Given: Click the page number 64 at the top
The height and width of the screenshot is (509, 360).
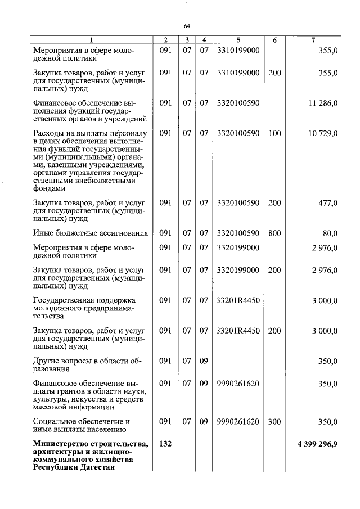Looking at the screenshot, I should click(x=187, y=25).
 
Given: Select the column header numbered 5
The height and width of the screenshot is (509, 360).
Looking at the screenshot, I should click(x=238, y=40).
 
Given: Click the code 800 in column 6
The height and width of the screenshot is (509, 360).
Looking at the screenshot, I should click(x=274, y=233).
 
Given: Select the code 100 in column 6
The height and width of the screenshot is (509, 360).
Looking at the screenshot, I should click(x=274, y=133).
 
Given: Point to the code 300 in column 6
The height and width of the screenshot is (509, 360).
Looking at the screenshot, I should click(x=274, y=421).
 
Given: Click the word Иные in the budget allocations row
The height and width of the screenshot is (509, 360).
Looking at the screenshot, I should click(x=44, y=233).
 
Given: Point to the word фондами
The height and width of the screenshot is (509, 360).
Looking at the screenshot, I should click(x=49, y=189).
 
